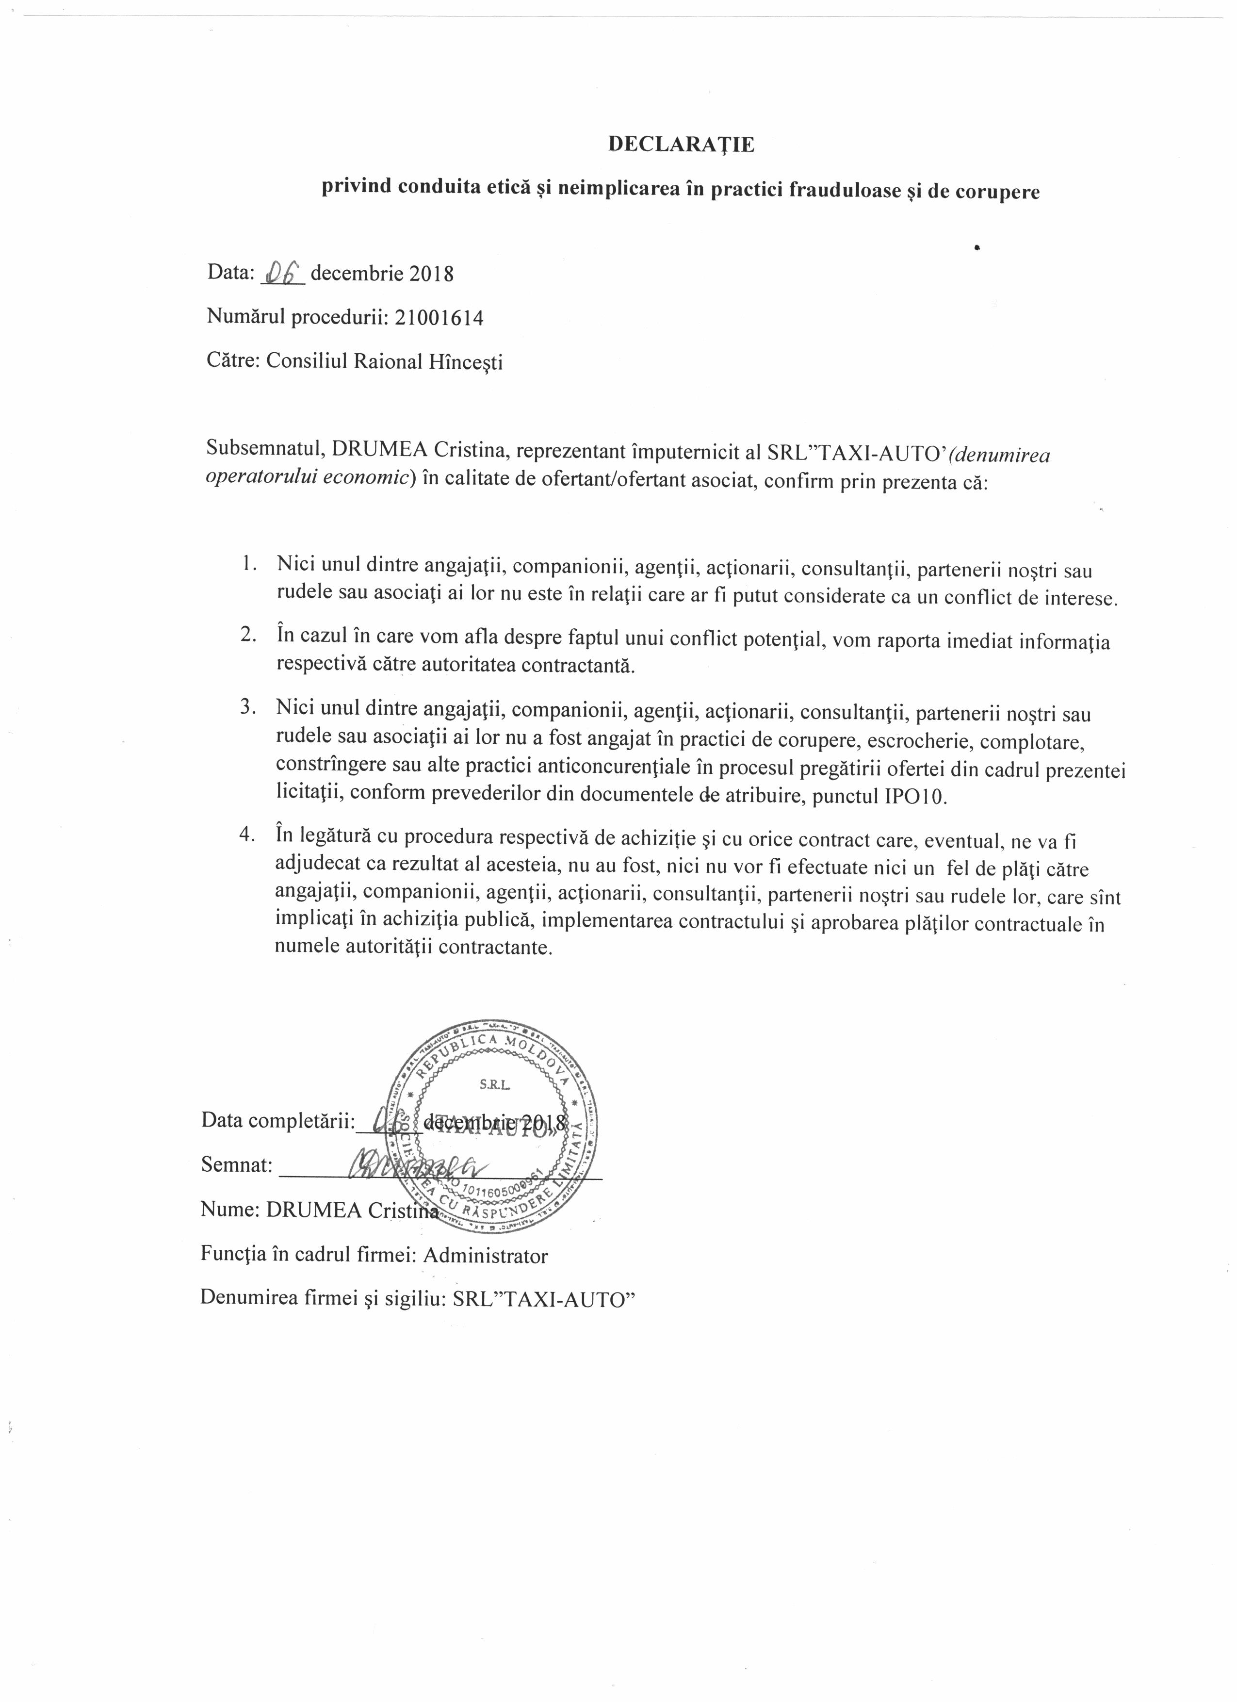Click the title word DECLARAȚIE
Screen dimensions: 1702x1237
pos(681,145)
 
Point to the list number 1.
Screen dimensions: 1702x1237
pos(250,564)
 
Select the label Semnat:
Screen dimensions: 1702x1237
pos(236,1165)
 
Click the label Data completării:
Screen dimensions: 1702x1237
pos(277,1121)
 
